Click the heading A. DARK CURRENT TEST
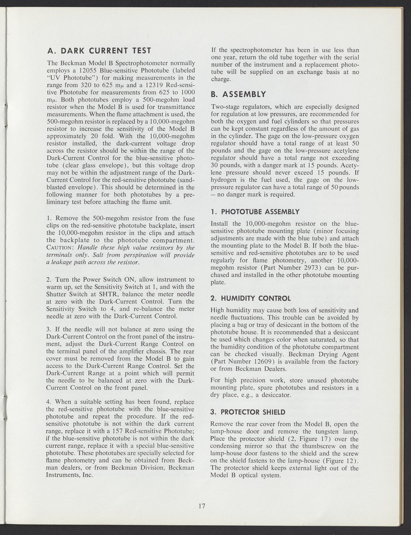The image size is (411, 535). coord(99,51)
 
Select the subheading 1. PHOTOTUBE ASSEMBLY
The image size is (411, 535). coord(255,211)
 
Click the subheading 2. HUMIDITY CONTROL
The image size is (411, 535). coord(251,298)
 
